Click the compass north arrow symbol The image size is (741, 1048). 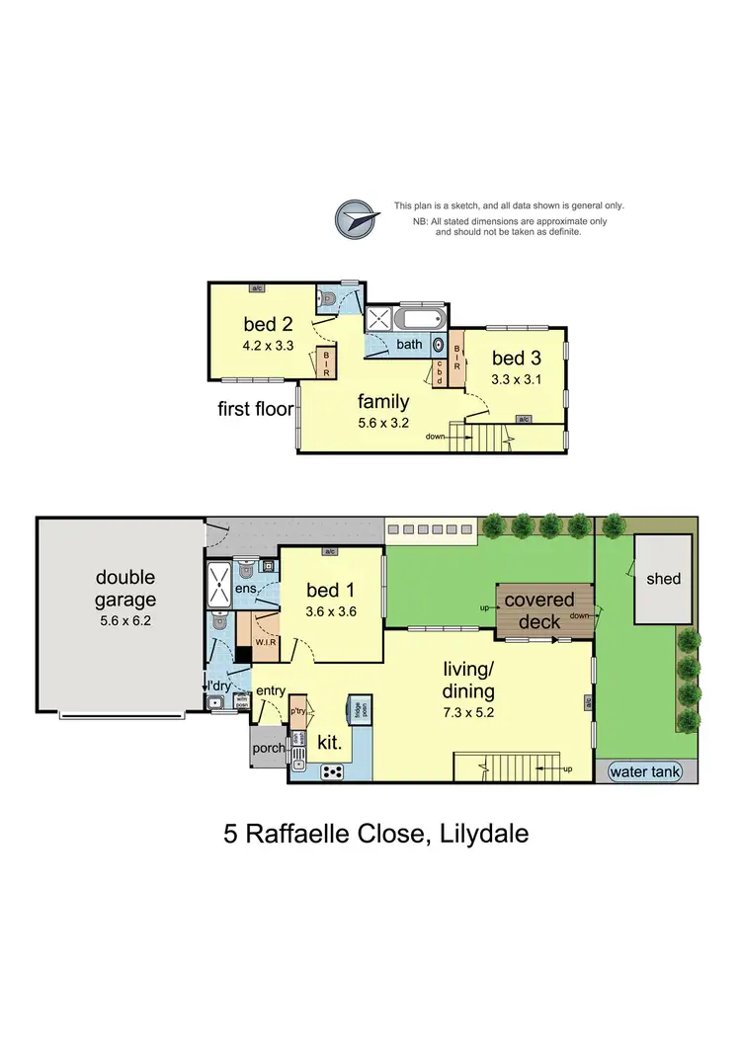357,219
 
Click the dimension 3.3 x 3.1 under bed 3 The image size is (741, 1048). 516,378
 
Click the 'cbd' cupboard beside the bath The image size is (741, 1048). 440,371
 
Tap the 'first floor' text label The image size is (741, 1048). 253,408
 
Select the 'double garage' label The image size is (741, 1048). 125,588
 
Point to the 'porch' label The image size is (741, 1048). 269,749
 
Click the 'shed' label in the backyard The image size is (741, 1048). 663,578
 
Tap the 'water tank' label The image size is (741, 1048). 646,771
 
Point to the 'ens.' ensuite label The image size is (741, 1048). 247,590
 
